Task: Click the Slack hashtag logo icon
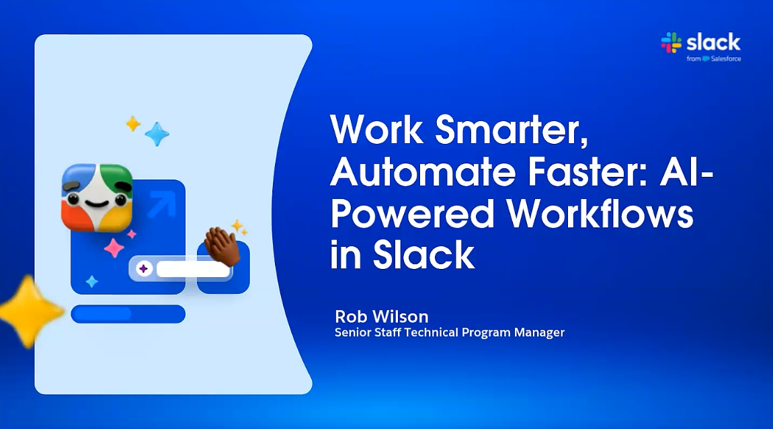[671, 42]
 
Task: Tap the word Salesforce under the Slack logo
[726, 58]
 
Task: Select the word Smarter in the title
[512, 129]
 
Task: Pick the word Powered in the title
[412, 214]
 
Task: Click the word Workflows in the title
[600, 214]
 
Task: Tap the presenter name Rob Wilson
[382, 317]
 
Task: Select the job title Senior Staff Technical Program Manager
[450, 332]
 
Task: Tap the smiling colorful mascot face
[97, 198]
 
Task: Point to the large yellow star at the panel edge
[30, 311]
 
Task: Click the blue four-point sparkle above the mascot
[157, 134]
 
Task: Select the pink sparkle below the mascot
[114, 247]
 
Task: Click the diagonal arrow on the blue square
[162, 204]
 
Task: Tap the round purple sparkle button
[143, 269]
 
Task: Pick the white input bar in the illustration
[193, 269]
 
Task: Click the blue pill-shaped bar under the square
[128, 314]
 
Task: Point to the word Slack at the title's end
[423, 256]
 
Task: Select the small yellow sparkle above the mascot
[133, 124]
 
